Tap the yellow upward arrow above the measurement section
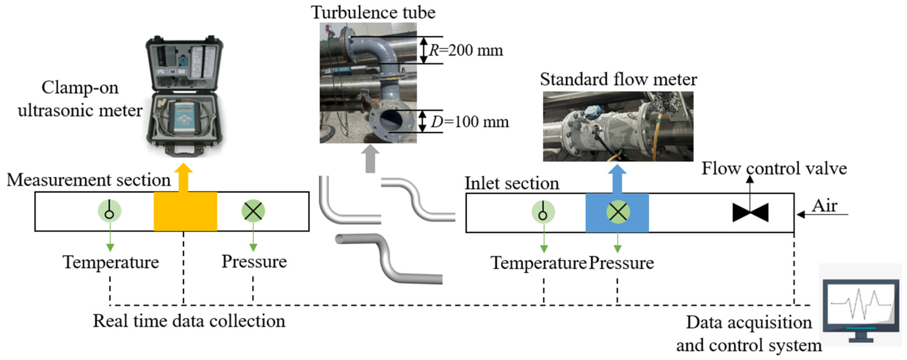point(183,178)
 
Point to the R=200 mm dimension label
point(466,50)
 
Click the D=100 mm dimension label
point(470,122)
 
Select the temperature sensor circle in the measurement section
point(109,211)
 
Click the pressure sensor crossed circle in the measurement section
point(253,211)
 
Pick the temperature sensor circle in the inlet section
point(543,212)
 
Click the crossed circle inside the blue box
point(618,212)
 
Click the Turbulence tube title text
point(373,12)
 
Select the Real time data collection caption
point(189,321)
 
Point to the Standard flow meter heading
point(618,79)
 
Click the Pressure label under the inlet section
point(621,263)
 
